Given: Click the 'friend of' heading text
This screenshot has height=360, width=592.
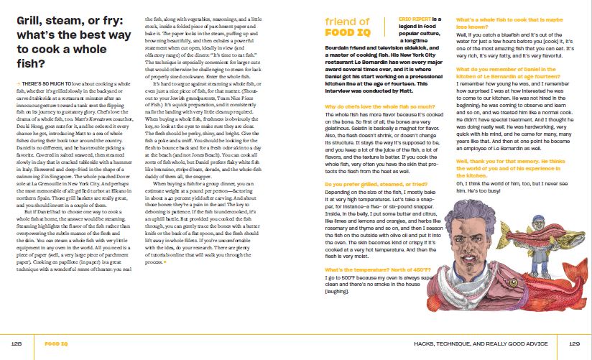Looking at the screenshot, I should pos(347,22).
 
